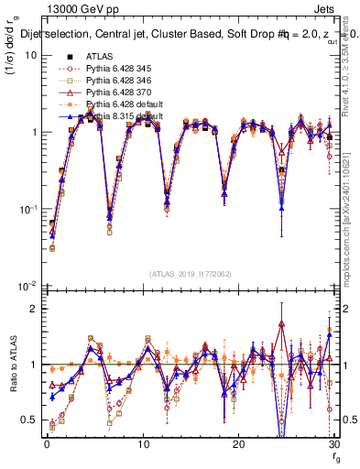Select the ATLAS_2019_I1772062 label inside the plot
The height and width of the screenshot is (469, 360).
pyautogui.click(x=189, y=274)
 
